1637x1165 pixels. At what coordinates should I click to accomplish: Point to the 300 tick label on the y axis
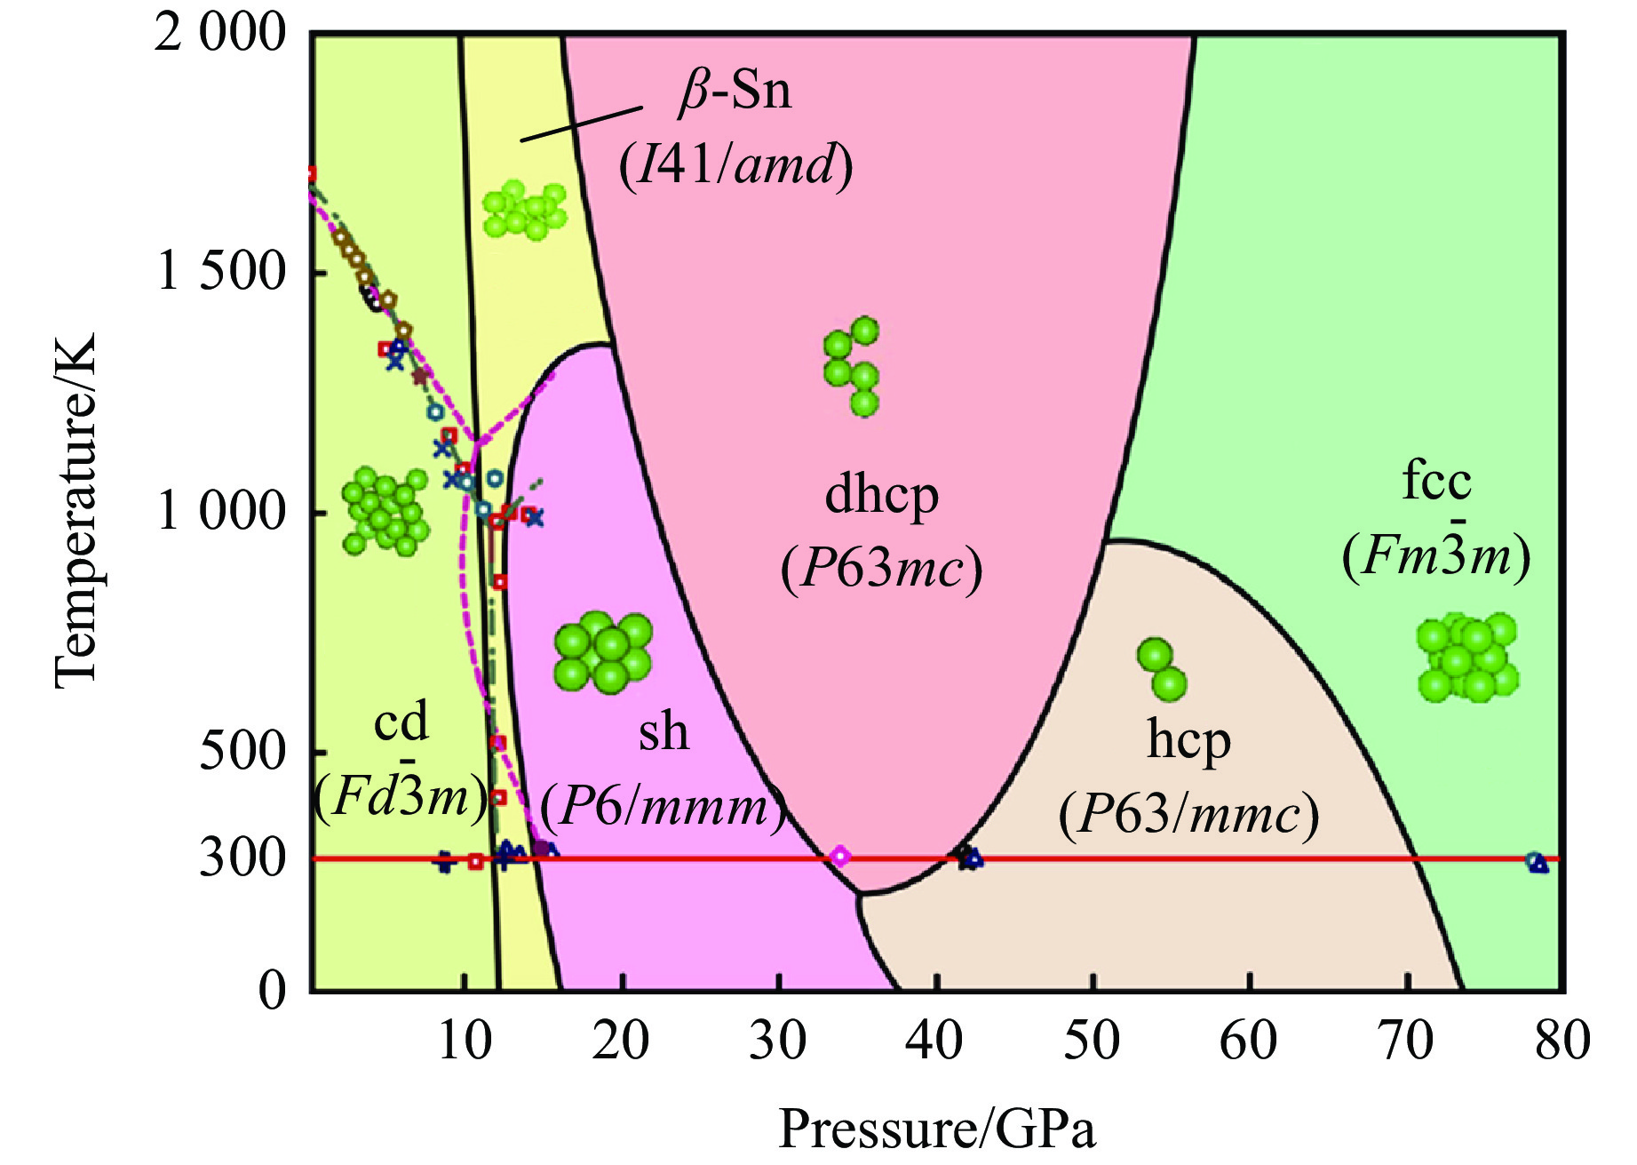[x=229, y=858]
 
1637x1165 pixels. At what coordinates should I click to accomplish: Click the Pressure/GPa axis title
[x=937, y=1129]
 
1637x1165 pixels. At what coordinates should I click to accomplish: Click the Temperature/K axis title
[x=75, y=511]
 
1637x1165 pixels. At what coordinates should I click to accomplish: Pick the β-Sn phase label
[x=735, y=92]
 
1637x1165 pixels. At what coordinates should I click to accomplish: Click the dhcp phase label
[x=881, y=496]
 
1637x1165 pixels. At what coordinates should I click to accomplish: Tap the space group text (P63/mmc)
[x=1188, y=814]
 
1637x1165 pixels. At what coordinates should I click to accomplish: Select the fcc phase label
[x=1436, y=482]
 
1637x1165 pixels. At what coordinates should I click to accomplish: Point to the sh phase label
[x=664, y=732]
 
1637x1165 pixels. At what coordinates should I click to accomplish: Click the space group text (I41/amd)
[x=735, y=165]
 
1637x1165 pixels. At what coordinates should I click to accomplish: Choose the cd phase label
[x=401, y=722]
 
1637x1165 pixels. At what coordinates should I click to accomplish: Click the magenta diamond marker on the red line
[x=839, y=858]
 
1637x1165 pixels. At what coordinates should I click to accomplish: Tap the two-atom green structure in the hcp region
[x=1162, y=669]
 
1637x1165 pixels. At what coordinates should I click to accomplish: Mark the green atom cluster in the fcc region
[x=1466, y=658]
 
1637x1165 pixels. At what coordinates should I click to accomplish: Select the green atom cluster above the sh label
[x=603, y=651]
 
